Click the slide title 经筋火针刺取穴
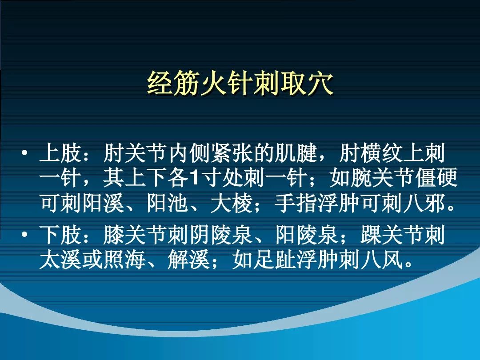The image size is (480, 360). coord(240,83)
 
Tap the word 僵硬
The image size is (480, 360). coord(436,179)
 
